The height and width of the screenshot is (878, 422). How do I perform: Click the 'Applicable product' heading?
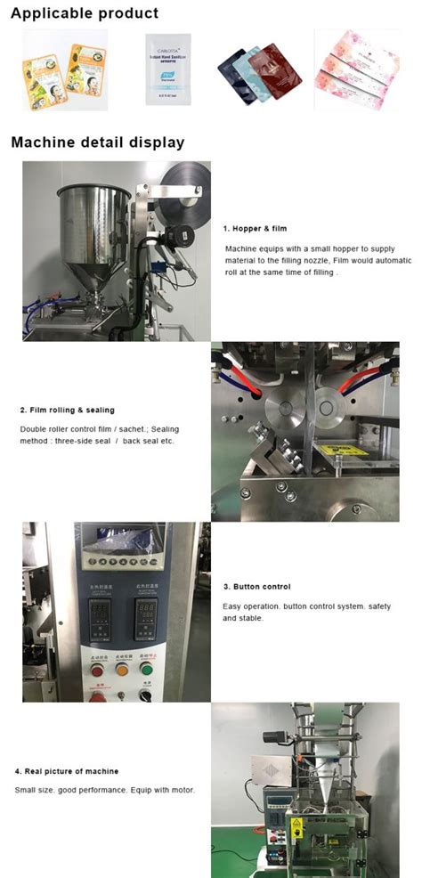(x=85, y=13)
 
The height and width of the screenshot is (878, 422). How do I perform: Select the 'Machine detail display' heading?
(x=98, y=142)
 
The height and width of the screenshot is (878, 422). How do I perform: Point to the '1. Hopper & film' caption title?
(x=255, y=229)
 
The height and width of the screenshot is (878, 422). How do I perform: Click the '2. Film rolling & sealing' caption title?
(x=68, y=410)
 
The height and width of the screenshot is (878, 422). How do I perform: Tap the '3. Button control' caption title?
(x=256, y=587)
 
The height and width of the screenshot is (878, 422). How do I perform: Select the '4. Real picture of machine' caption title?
(x=66, y=771)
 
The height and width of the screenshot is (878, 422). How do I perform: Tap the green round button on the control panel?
(x=147, y=669)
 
